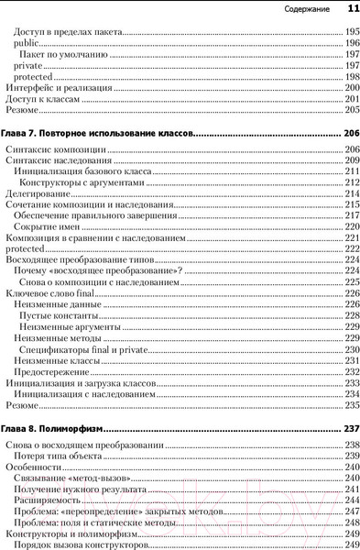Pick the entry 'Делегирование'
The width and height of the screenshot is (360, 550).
(x=37, y=193)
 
